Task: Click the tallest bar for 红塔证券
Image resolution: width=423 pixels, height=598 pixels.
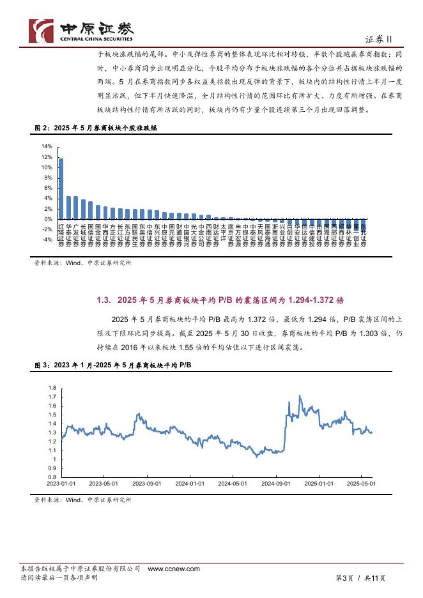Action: coord(61,188)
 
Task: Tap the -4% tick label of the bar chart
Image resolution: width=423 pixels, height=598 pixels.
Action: coord(47,240)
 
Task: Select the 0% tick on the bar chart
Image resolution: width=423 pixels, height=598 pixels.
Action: coord(48,219)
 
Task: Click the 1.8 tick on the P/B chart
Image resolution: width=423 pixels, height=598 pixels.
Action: coord(52,388)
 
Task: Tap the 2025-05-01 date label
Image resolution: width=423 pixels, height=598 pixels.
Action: coord(361,484)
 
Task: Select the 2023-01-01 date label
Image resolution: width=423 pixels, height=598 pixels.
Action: coord(61,484)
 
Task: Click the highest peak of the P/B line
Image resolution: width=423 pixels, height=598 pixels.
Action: coord(300,396)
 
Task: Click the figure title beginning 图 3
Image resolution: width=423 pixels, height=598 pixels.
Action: coord(112,364)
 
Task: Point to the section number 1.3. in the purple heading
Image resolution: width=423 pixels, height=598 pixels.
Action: coord(105,300)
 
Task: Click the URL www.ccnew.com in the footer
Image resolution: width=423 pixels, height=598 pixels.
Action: coord(174,568)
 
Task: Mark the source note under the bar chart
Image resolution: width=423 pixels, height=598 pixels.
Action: coord(82,262)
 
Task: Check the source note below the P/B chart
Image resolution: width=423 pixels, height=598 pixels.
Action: coord(82,500)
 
